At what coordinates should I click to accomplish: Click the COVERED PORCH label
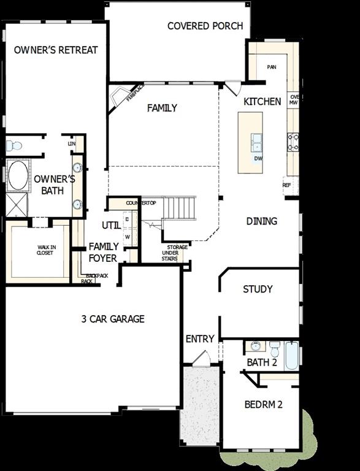click(205, 26)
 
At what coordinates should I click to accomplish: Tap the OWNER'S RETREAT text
click(56, 50)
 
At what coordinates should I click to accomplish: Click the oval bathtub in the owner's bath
click(18, 175)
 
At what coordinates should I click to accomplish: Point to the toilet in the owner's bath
click(13, 146)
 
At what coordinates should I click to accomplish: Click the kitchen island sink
click(256, 143)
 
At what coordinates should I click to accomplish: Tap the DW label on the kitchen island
click(258, 158)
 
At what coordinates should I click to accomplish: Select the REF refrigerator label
click(286, 185)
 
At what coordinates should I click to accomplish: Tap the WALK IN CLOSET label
click(45, 250)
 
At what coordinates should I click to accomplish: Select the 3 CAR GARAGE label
click(113, 318)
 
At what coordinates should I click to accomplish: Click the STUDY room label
click(258, 289)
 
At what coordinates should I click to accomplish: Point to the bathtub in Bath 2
click(291, 355)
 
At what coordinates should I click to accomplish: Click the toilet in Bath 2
click(275, 349)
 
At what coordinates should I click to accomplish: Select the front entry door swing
click(200, 358)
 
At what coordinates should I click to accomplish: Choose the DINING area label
click(261, 221)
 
